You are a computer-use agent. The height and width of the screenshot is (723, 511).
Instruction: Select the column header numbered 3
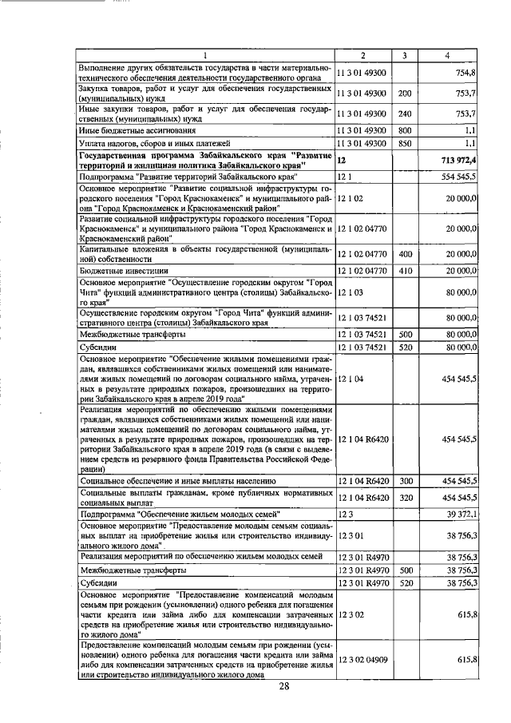[405, 55]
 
